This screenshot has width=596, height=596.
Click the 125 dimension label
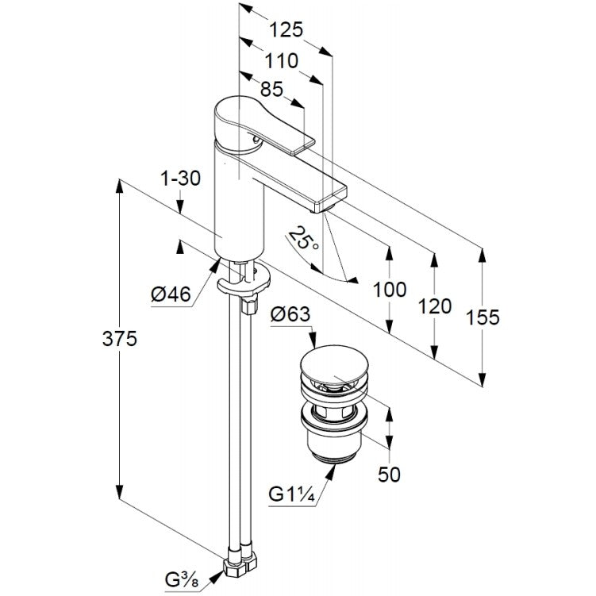tap(286, 29)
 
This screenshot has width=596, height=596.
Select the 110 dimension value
tap(281, 60)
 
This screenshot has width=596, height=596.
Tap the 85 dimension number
tap(271, 90)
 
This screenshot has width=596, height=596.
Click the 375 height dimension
tap(119, 338)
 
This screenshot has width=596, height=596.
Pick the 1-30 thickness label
tap(180, 178)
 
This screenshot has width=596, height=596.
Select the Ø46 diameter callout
tap(171, 294)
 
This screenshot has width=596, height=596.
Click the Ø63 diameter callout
tap(290, 314)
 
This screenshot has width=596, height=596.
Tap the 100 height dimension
tap(390, 290)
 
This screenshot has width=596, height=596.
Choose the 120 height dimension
tap(435, 306)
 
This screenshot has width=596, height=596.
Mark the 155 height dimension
tap(483, 317)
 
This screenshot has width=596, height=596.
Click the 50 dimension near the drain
tap(389, 475)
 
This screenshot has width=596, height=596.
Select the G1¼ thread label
tap(291, 494)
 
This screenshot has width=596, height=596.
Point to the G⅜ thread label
tap(183, 580)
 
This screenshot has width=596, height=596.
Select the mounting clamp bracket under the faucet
tap(244, 282)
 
